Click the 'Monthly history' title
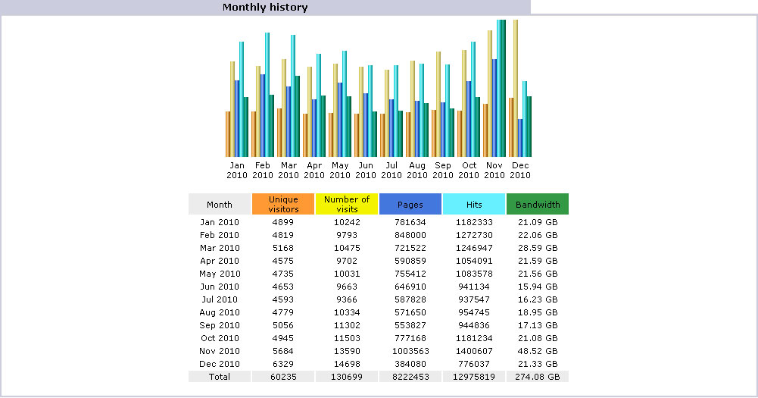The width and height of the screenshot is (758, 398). coord(265,8)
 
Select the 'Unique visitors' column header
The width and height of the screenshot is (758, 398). coord(283,204)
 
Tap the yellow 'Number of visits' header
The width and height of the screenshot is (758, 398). coord(347,204)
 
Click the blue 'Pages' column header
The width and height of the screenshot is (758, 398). coord(410,205)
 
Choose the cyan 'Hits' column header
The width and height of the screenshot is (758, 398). coord(474,205)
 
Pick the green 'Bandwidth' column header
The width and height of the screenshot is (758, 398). coord(538,205)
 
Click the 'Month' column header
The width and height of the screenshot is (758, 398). coord(220,205)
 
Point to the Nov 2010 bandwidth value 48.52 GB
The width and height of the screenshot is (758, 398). coord(538,351)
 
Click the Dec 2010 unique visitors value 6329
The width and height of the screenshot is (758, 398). coord(283,364)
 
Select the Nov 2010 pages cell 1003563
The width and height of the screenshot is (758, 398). coord(410,351)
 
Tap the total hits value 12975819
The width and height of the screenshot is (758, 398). coord(474,377)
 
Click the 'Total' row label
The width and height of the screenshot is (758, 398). coord(220,377)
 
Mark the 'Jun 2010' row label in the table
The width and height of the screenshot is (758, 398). coord(220,287)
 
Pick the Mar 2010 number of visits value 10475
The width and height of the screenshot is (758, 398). coord(347,248)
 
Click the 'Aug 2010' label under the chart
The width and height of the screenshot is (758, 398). coord(417,170)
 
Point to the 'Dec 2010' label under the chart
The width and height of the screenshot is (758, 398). coord(520,170)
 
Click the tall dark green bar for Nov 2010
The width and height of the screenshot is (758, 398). coord(503,91)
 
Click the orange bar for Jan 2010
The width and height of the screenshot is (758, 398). coord(227,134)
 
